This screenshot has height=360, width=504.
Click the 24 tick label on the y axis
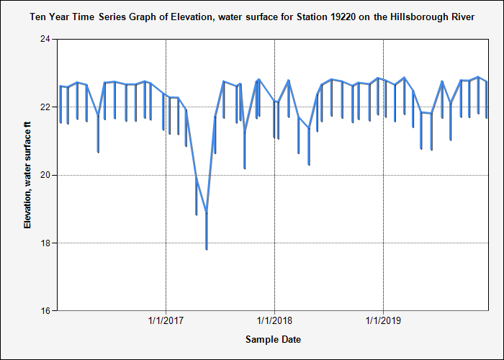pos(45,40)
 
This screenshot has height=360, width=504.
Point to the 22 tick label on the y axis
pos(45,107)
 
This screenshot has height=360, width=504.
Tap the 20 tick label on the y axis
pos(45,176)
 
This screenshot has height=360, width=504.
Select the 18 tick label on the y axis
pos(45,243)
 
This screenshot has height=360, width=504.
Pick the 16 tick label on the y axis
pos(45,311)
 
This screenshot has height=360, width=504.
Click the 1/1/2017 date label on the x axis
pos(166,320)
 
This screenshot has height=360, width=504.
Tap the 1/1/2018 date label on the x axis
pos(274,320)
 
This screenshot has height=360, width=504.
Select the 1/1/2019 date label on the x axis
pos(383,320)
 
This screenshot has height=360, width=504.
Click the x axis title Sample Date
pos(273,339)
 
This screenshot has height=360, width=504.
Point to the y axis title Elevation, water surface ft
pos(28,175)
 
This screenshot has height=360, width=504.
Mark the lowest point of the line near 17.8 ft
pos(207,249)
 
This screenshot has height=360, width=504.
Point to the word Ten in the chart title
pos(37,17)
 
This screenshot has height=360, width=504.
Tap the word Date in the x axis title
pos(290,339)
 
